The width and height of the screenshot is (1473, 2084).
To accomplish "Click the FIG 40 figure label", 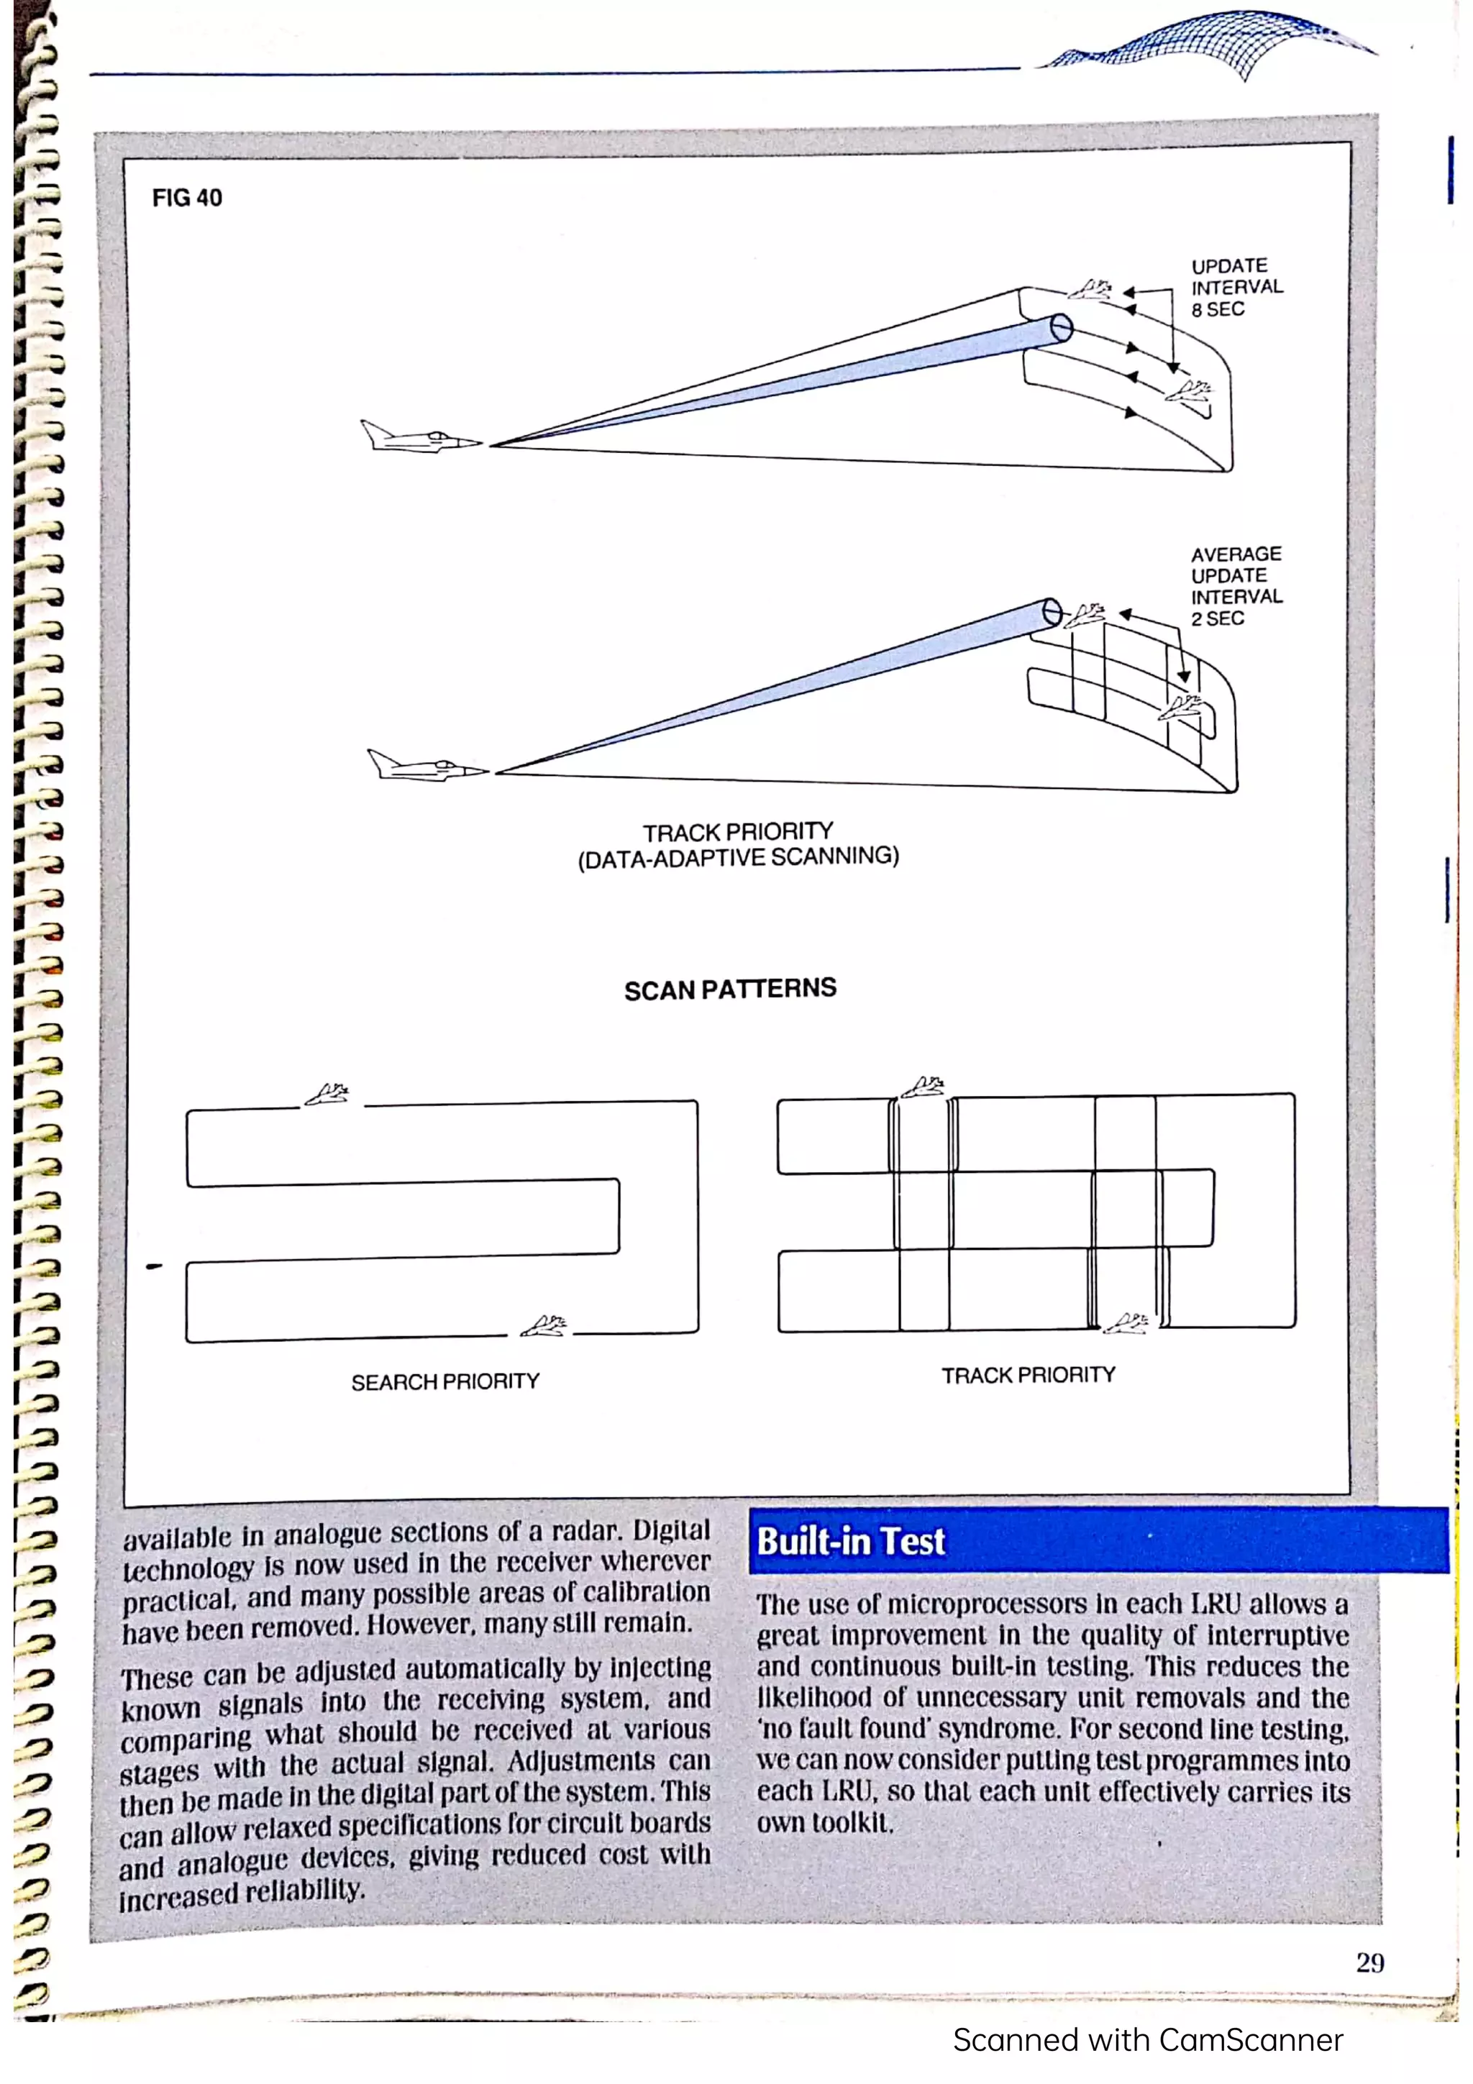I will tap(186, 197).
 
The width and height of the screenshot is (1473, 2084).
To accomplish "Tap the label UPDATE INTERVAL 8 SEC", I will tap(1236, 288).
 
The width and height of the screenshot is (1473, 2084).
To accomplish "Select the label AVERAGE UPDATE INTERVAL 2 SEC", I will tap(1236, 585).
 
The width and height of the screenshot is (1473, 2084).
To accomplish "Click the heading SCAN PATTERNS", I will tap(730, 989).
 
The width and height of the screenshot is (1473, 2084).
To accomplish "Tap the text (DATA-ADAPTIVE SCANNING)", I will tap(738, 857).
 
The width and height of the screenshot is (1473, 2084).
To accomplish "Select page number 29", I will tap(1369, 1962).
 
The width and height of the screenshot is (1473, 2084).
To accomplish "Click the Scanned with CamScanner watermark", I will tap(1147, 2039).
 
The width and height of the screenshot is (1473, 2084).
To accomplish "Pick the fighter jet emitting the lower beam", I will tap(426, 766).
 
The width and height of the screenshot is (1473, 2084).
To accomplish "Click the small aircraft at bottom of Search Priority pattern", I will tap(543, 1326).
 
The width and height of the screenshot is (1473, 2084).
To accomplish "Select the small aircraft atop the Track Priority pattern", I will tap(923, 1087).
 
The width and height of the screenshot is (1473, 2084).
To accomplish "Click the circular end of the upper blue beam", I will tap(1061, 328).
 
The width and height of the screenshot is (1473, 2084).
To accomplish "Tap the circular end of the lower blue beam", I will tap(1051, 612).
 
